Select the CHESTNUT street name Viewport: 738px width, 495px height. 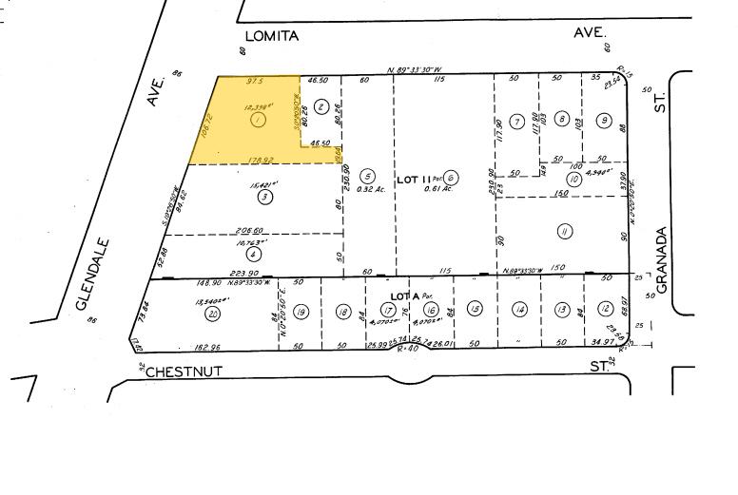(184, 372)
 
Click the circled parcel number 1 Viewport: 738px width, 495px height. (257, 121)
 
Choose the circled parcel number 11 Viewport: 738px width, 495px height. (564, 231)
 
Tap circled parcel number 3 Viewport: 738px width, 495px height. (263, 197)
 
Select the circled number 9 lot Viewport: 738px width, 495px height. (604, 121)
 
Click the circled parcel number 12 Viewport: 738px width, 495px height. (604, 310)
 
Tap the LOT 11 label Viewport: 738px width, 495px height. (411, 176)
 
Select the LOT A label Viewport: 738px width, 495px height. (405, 296)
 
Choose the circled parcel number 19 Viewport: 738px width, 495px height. (301, 312)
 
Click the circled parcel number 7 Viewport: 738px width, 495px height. (517, 121)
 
